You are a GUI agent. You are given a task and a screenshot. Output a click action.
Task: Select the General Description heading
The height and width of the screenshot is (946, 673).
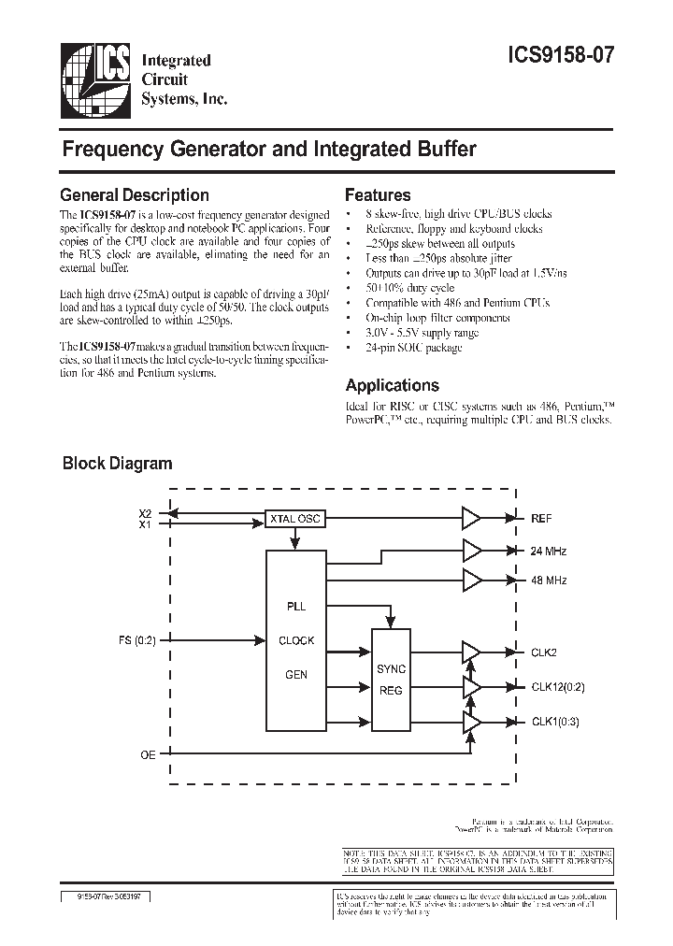tap(134, 195)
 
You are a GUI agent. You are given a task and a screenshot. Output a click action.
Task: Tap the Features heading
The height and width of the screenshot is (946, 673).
tap(378, 195)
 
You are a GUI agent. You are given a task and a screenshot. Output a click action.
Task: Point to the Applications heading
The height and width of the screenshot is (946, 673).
tap(392, 385)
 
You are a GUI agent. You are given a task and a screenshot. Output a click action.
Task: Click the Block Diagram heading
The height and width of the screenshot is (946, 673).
tap(117, 463)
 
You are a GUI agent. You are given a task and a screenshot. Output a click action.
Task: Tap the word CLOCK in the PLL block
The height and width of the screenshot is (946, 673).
tap(297, 640)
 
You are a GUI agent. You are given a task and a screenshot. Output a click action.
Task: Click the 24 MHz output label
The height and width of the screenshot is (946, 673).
tap(549, 551)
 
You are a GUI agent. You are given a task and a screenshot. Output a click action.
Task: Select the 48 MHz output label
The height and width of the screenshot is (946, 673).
tap(549, 580)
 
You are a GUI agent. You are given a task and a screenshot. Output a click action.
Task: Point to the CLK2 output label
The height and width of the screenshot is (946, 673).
tap(544, 652)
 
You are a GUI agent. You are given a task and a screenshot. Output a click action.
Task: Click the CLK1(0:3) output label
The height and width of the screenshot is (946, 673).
tap(554, 722)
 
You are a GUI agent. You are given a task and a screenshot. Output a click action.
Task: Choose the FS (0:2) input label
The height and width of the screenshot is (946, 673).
tap(138, 640)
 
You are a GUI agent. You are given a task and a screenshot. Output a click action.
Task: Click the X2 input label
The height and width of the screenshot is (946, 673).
tap(144, 513)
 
